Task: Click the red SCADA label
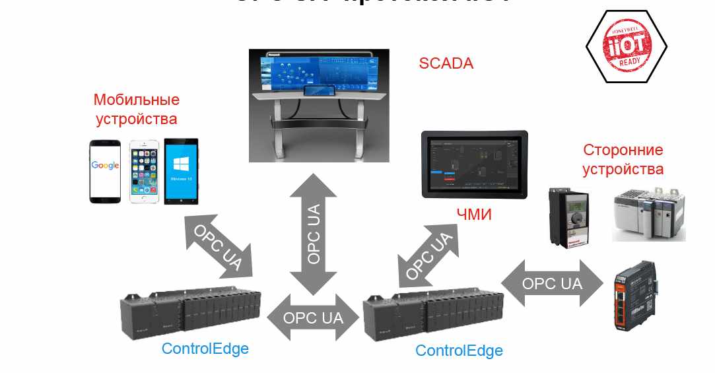446,64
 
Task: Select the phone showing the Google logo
106,171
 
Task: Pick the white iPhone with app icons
145,172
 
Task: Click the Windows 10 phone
182,172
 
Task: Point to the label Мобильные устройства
137,110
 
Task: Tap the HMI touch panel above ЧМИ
475,164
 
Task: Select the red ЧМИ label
474,215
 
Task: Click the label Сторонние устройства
623,159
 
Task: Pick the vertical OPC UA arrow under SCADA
314,234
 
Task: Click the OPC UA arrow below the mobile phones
218,244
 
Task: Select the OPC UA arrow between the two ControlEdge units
314,317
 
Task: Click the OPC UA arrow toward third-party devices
553,284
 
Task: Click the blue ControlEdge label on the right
459,351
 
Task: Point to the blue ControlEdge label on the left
205,348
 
